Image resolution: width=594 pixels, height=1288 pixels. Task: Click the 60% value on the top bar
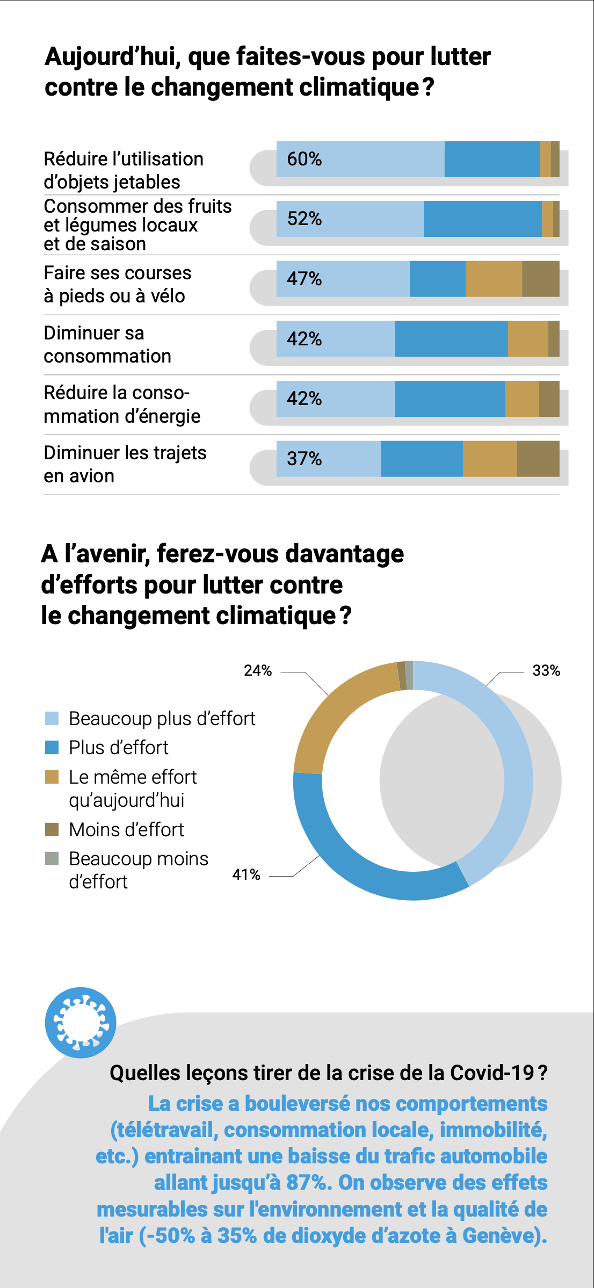304,159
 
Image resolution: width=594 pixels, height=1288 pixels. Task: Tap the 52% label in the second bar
304,219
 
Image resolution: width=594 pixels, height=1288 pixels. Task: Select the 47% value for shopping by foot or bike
304,279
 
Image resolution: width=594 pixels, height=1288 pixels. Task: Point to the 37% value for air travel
304,459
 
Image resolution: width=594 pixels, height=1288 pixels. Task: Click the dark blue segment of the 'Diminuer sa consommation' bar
451,339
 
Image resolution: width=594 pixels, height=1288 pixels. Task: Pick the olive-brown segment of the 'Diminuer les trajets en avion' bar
538,459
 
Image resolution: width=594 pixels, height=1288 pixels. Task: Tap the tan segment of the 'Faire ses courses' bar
494,279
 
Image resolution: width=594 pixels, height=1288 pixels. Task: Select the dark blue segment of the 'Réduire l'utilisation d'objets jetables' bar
492,159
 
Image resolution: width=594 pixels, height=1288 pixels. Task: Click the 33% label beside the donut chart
546,670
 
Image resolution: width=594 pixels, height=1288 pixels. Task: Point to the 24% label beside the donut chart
258,670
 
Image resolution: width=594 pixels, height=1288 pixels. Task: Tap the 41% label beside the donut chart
246,874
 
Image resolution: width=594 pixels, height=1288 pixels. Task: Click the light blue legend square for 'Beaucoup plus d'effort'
52,718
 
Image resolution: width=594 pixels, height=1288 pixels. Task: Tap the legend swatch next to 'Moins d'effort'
52,829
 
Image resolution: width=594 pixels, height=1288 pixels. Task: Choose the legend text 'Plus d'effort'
119,748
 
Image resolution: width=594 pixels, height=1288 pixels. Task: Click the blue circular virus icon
81,1023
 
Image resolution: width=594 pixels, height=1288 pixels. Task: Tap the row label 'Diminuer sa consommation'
107,344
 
